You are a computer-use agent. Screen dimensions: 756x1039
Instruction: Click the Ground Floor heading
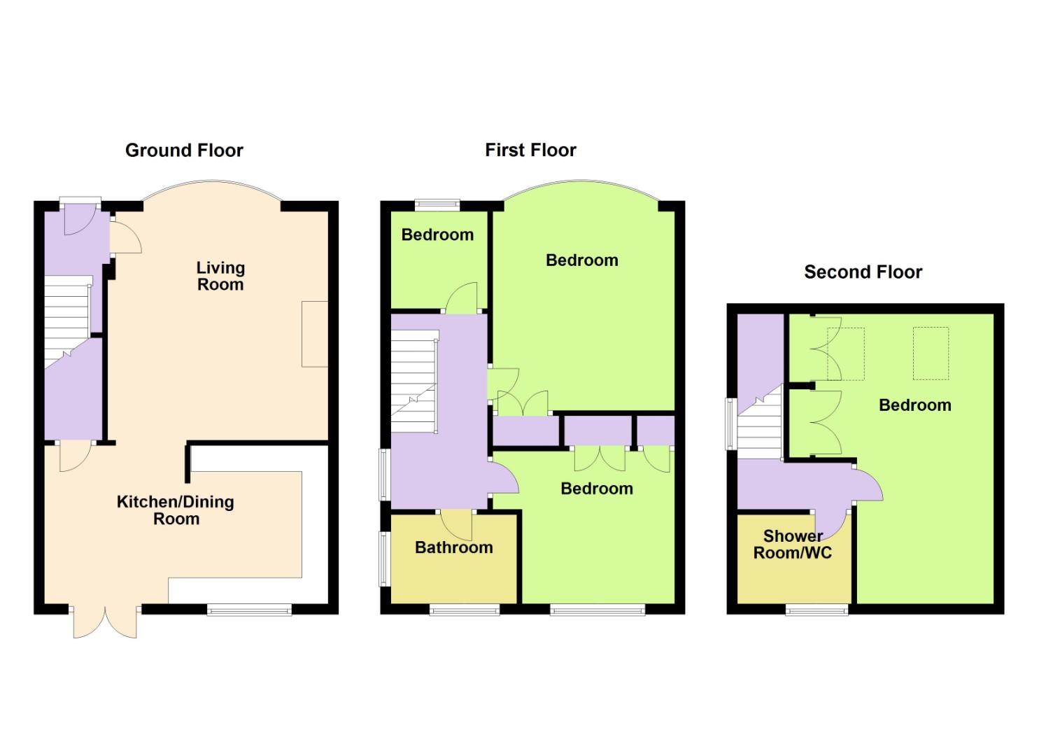point(184,150)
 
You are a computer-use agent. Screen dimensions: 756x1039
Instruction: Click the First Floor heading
point(530,150)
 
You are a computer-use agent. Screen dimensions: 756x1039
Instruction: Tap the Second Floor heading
point(863,272)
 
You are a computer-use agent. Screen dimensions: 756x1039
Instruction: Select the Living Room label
point(220,276)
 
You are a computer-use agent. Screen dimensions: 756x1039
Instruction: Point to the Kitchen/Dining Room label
point(176,510)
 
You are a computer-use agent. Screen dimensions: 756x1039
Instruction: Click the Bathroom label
point(453,547)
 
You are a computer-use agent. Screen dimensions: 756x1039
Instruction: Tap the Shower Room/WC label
point(792,545)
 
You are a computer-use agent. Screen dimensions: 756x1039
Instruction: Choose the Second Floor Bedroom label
point(914,405)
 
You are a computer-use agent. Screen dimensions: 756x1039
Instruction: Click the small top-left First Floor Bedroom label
point(437,234)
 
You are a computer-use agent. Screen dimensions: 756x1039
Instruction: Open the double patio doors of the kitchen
point(105,622)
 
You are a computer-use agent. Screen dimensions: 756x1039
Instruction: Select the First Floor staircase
point(413,378)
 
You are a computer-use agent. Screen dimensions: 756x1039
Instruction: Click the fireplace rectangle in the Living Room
point(314,334)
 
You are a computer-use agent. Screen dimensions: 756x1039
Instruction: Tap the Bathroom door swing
point(458,524)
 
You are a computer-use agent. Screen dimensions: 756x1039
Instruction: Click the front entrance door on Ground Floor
point(79,218)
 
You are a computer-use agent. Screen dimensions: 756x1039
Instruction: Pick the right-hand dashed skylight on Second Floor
point(931,353)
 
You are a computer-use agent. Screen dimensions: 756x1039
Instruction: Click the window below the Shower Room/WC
point(817,610)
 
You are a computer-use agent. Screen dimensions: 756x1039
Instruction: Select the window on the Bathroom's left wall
point(383,559)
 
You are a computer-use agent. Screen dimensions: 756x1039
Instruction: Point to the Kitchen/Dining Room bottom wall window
point(250,610)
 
